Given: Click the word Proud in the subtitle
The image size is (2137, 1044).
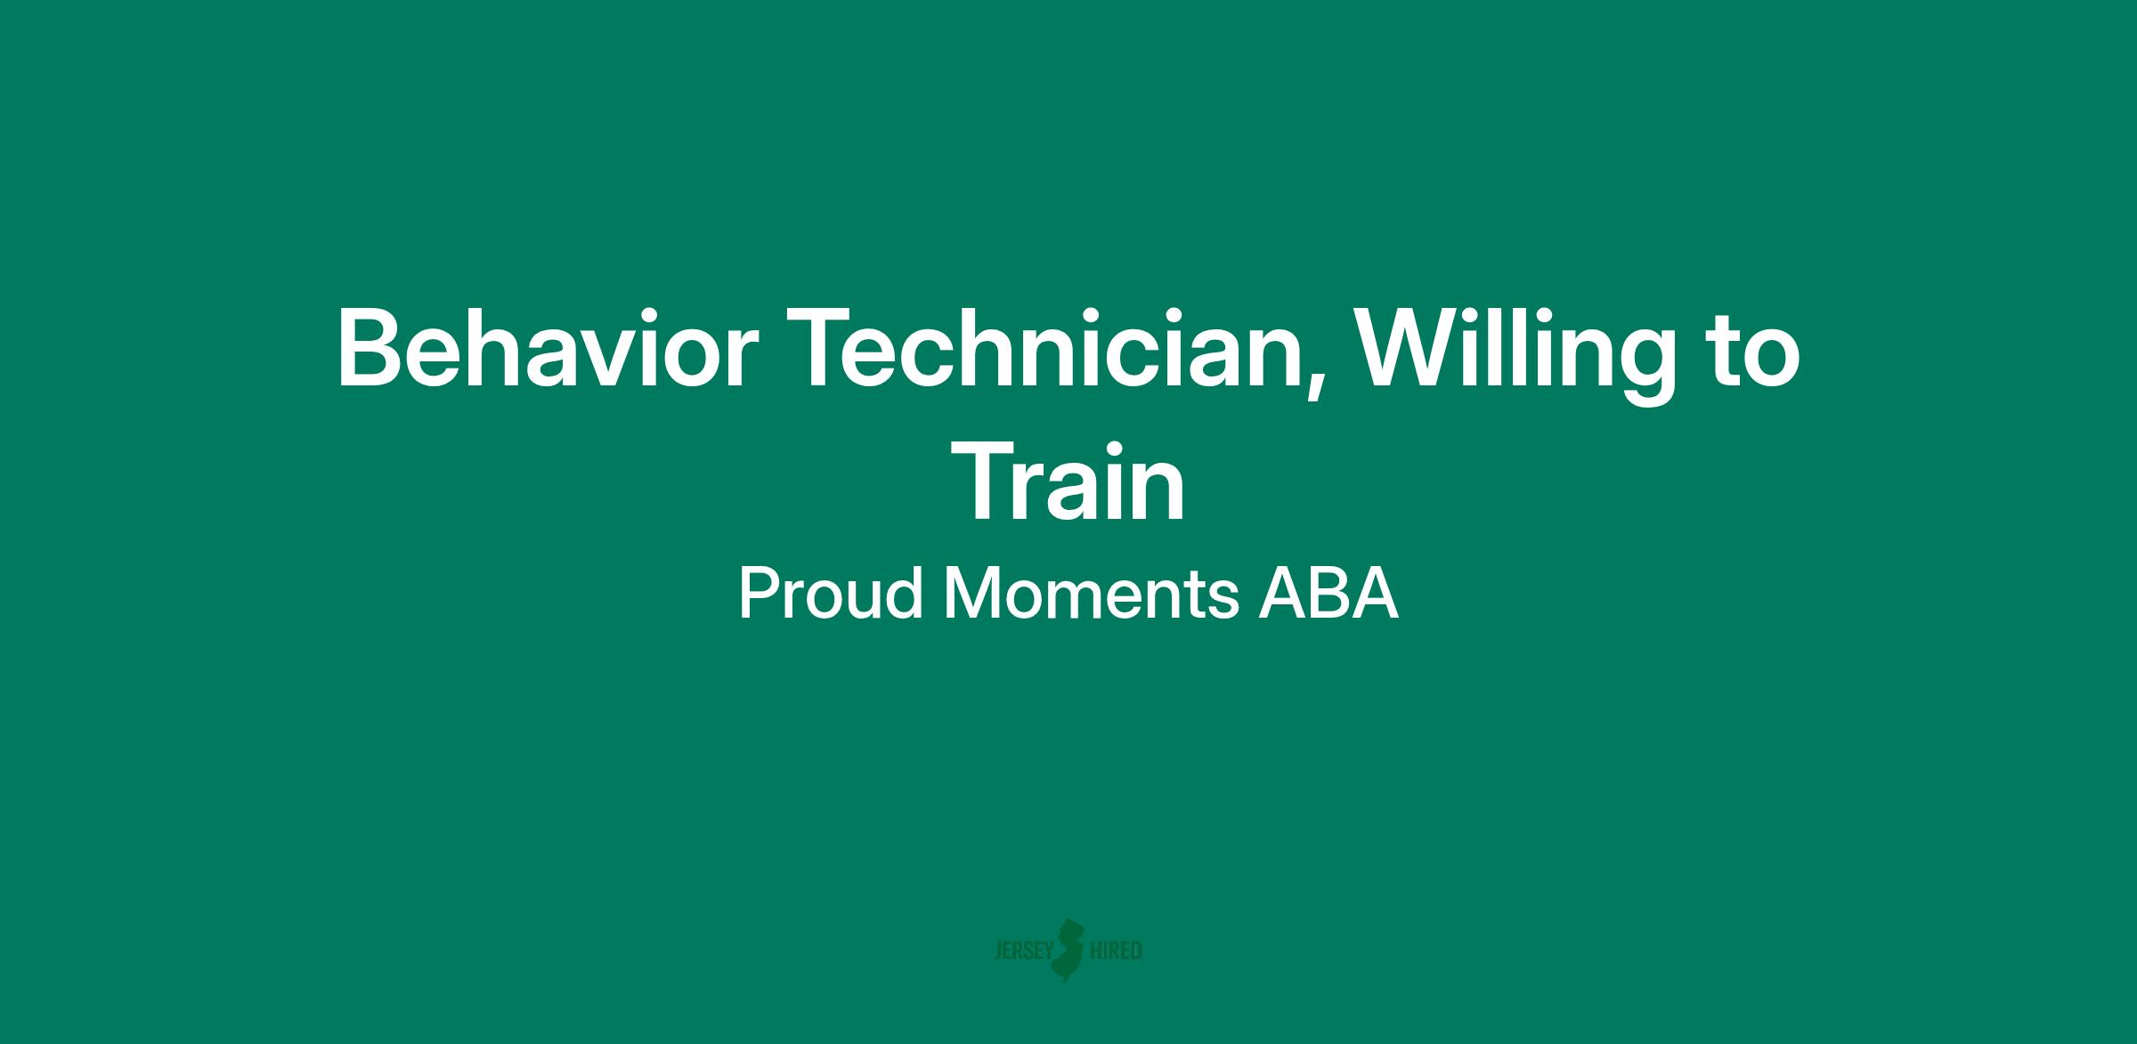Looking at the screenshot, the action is coord(830,595).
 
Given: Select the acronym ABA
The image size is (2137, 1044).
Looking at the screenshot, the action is coord(1329,595).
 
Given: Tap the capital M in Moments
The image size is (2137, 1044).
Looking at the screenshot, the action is coord(971,595).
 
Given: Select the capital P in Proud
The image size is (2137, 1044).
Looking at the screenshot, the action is coord(759,595).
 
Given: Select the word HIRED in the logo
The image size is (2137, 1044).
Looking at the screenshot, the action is coord(1116,951).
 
